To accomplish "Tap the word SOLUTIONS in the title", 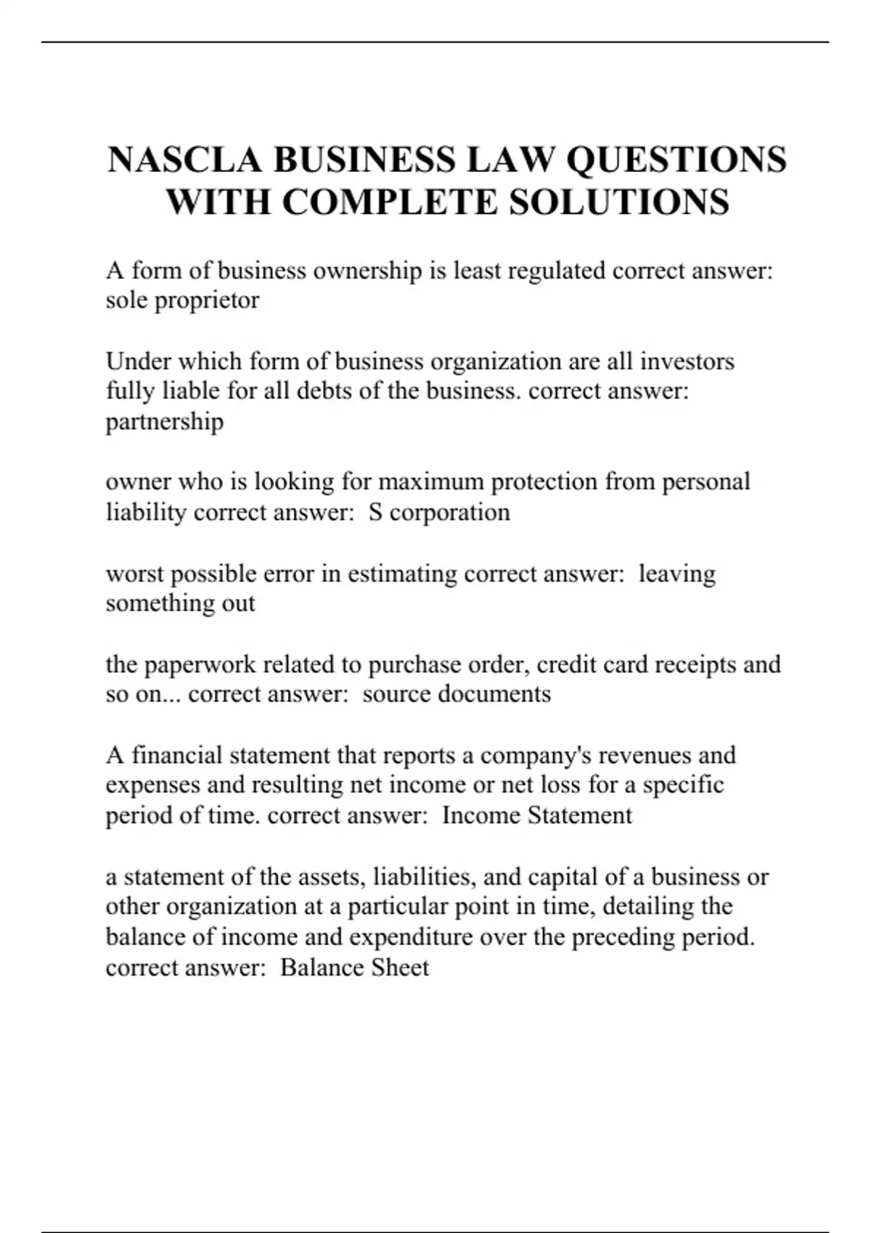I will click(618, 202).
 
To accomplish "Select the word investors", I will click(687, 361).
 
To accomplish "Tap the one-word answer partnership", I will click(165, 421).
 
